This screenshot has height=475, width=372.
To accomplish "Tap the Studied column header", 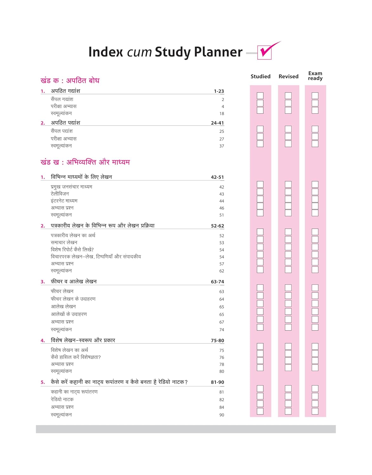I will coord(260,76).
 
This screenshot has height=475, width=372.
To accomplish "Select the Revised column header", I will coord(288,76).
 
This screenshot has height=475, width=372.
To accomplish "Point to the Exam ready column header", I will coord(315,76).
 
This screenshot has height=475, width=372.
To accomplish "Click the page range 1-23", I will coord(219,91).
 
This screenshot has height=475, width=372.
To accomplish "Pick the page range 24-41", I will coord(217,123).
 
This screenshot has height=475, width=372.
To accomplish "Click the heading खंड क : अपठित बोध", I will coord(70,80).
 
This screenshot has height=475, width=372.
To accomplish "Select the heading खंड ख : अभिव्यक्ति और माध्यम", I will coord(85,162).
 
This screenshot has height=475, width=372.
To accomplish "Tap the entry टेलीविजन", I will coord(60,194).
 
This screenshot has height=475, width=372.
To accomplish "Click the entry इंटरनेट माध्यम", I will coord(64,201).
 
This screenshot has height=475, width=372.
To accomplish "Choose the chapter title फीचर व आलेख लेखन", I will coord(74,282).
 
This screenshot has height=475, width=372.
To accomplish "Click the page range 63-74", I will coord(217,282).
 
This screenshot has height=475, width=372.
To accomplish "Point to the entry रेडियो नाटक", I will coord(62,400).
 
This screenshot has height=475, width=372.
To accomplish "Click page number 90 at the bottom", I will coord(221,415).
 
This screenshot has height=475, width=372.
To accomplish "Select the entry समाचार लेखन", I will coord(64,243).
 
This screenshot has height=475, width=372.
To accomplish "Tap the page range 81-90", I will coord(217,382).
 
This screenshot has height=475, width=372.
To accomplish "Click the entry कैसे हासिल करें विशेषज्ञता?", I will coord(76,357).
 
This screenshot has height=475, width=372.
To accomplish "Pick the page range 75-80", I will coord(217,341).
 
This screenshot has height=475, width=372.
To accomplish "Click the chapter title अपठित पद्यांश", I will coord(66,123).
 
